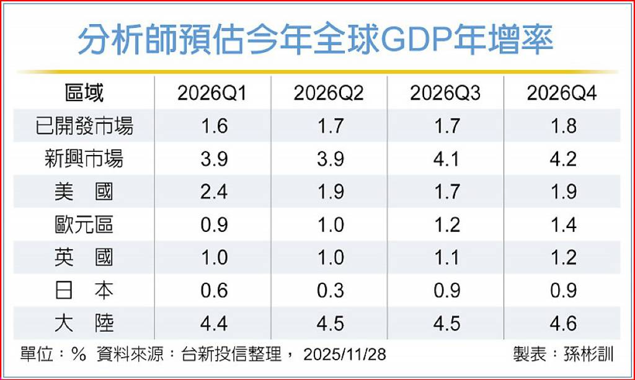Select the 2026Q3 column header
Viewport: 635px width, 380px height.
[445, 94]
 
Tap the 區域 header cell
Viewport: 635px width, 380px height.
[84, 94]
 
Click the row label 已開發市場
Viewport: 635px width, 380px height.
[84, 126]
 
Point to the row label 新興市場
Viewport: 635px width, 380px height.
[84, 159]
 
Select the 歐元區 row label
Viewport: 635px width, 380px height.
[84, 224]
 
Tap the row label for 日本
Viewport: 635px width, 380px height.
[84, 290]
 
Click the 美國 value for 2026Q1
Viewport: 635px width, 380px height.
[215, 192]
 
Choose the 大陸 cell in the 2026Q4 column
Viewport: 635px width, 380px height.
[562, 323]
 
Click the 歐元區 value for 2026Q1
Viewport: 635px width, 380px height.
[215, 224]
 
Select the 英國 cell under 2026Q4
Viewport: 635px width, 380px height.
[562, 257]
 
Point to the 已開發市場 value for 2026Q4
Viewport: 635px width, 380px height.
[562, 126]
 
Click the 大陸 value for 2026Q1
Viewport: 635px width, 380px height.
[215, 323]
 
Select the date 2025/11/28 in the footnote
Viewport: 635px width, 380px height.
[345, 355]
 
